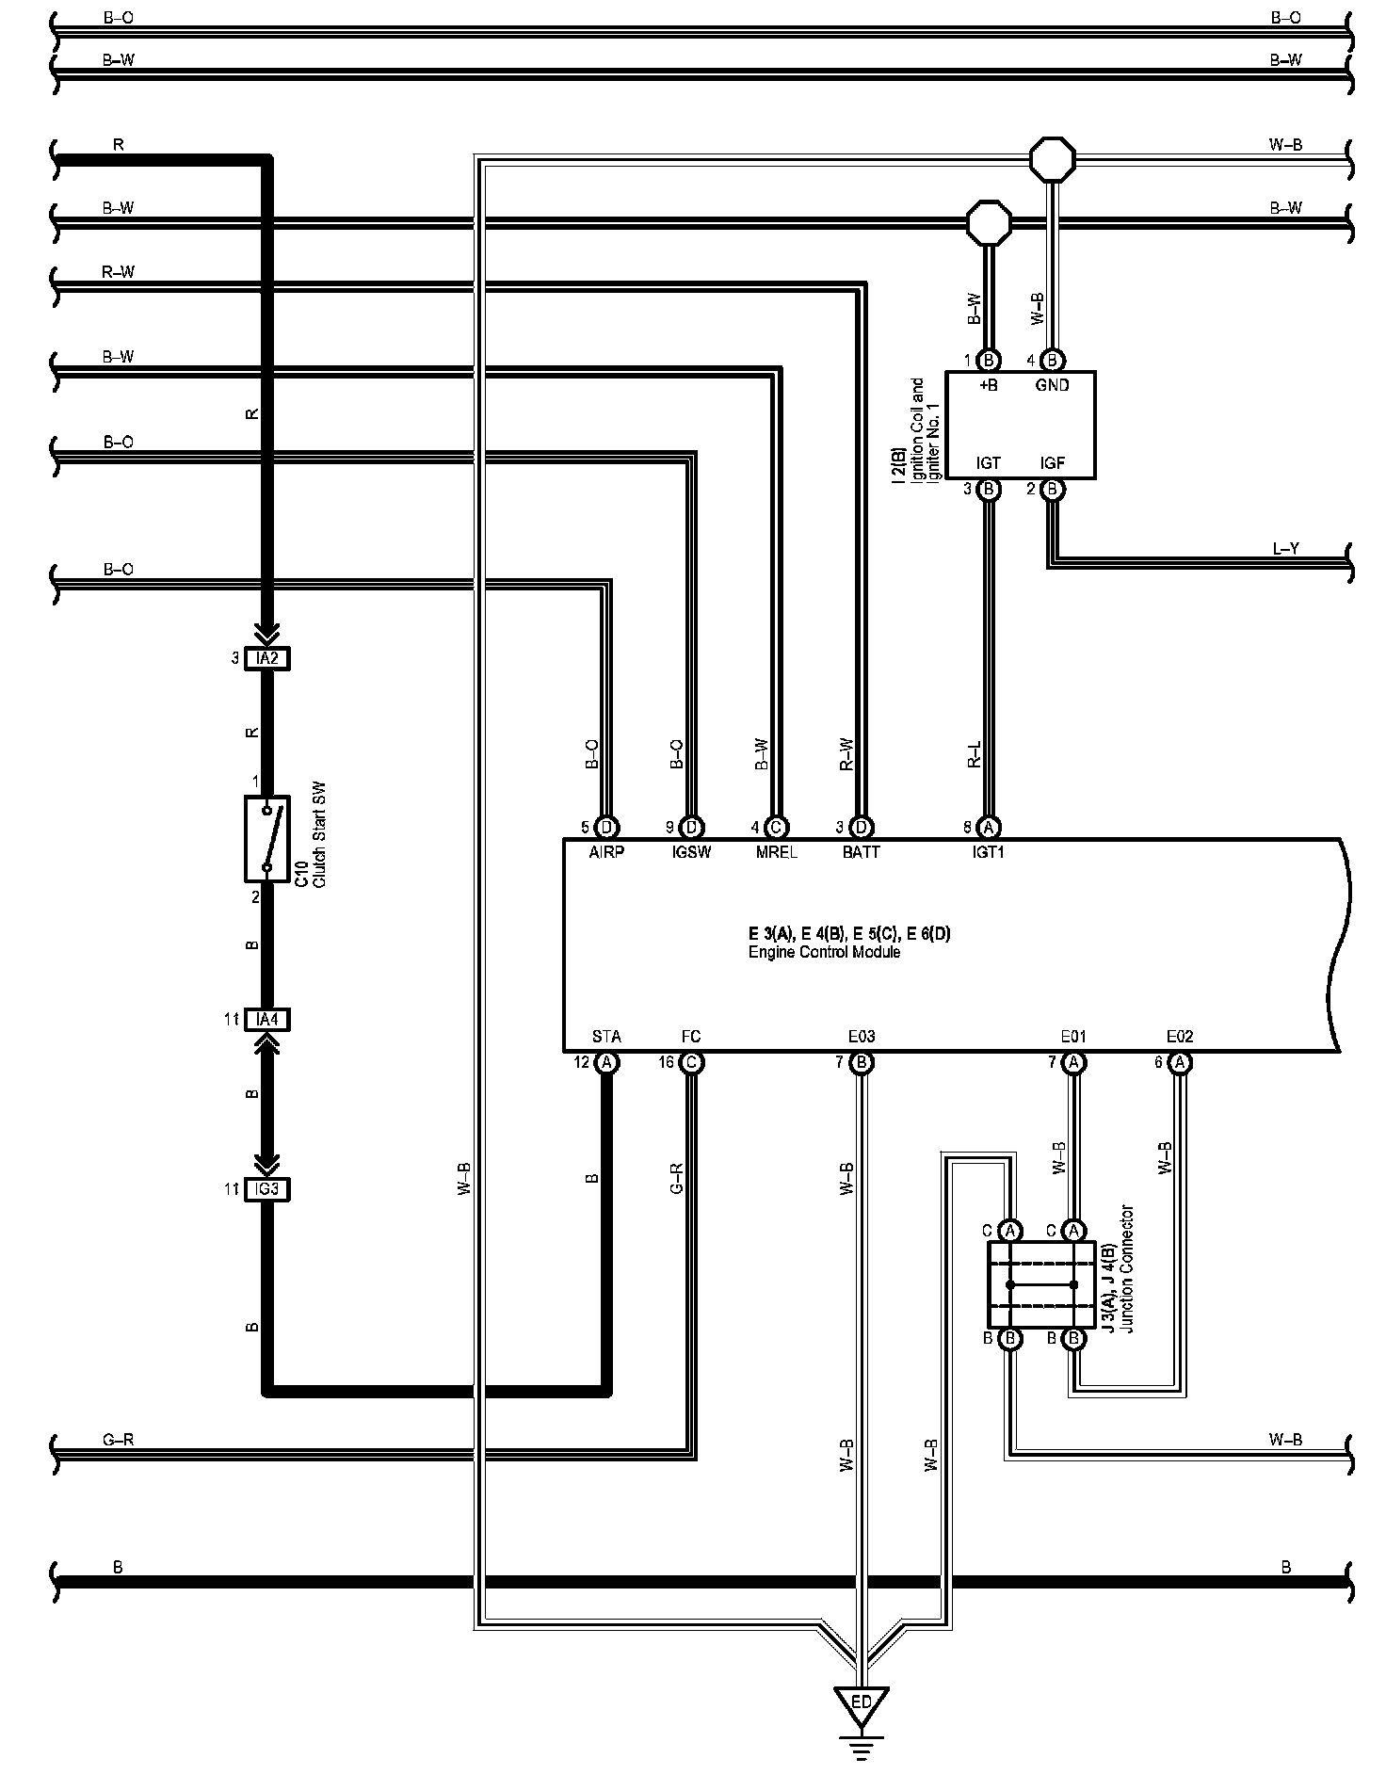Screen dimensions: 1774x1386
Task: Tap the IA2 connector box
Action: (x=267, y=659)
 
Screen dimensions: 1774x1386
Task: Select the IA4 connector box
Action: (x=267, y=1019)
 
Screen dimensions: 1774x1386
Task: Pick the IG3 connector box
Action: (x=267, y=1189)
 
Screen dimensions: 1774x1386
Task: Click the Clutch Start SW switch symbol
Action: (x=267, y=838)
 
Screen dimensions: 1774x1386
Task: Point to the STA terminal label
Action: (x=606, y=1037)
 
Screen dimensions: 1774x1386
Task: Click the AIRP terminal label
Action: (x=606, y=852)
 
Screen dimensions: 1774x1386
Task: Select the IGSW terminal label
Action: (x=691, y=852)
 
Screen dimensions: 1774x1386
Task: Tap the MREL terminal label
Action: (x=776, y=852)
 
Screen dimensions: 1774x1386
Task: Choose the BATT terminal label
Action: (x=861, y=852)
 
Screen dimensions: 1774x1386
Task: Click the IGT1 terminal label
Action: (x=989, y=852)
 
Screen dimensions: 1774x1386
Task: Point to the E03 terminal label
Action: (x=861, y=1037)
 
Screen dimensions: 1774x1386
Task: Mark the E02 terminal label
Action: (x=1179, y=1037)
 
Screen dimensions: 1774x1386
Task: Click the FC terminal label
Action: (x=691, y=1037)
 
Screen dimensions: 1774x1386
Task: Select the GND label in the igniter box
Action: (x=1052, y=385)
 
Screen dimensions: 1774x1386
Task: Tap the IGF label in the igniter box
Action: (x=1052, y=463)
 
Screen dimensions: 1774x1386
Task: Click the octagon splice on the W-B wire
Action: (x=1051, y=160)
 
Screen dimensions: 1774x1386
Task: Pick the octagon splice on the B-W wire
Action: (x=989, y=222)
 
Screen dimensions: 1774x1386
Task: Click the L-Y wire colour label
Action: (x=1285, y=548)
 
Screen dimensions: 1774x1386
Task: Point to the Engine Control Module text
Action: (x=824, y=952)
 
